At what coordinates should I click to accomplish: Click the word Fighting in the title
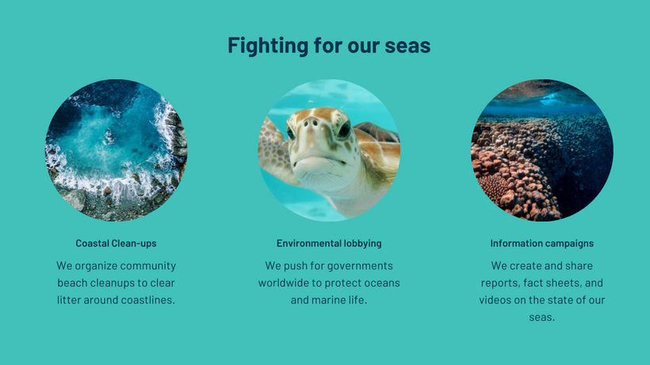(x=268, y=45)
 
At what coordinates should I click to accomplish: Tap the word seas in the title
(x=407, y=45)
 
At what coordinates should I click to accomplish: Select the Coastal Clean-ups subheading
(x=116, y=243)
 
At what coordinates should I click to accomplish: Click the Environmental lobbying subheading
(x=329, y=243)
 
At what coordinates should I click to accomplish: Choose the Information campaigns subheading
(x=542, y=243)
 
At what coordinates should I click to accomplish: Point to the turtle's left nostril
(x=305, y=123)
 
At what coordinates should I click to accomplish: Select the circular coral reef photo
(x=542, y=150)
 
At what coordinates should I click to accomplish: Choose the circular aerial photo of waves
(x=116, y=150)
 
